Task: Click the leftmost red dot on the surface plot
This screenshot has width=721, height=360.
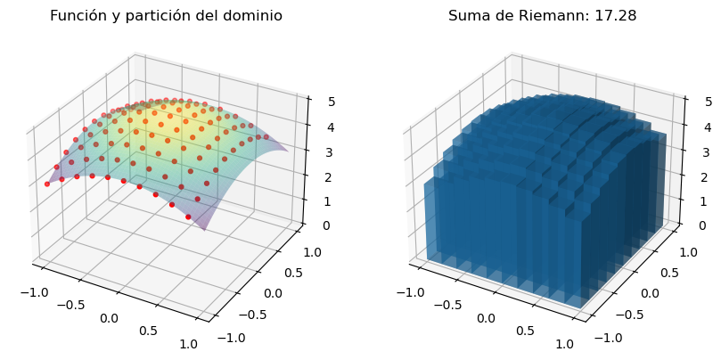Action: pyautogui.click(x=47, y=184)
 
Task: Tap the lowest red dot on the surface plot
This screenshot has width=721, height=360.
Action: pyautogui.click(x=188, y=217)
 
